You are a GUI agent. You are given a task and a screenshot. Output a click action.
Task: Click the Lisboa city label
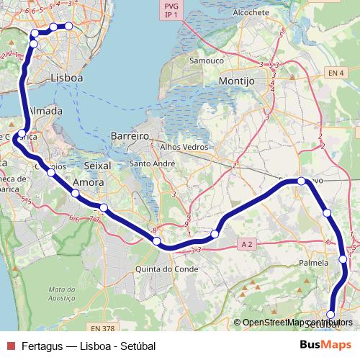coord(67,77)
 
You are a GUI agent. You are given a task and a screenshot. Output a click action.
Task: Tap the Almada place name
coord(45,112)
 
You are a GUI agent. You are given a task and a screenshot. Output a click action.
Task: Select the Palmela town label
coord(313,264)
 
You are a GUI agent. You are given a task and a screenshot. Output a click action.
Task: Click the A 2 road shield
coord(247,244)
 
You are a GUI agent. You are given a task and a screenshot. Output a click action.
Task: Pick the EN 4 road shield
coord(336,72)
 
